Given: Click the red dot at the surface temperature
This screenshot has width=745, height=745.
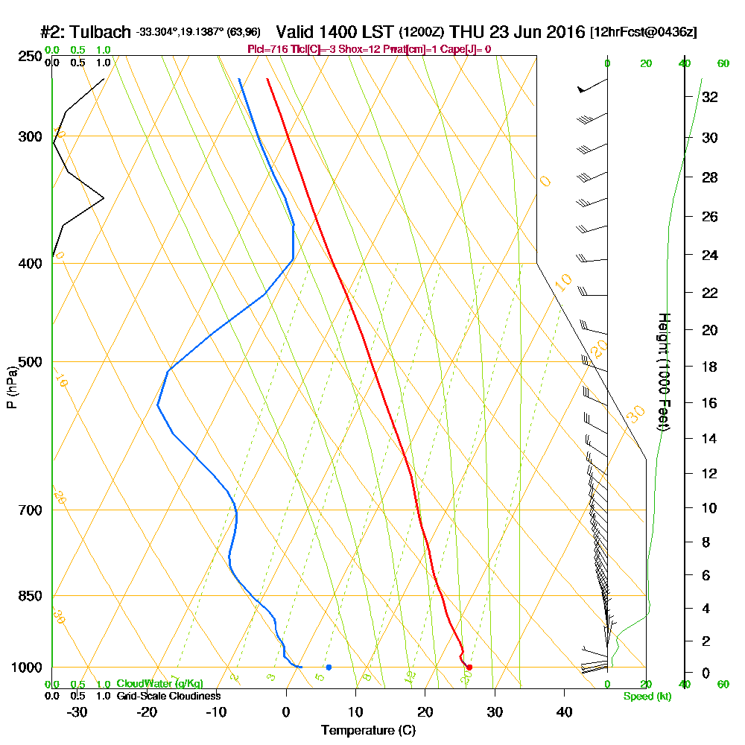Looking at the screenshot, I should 469,667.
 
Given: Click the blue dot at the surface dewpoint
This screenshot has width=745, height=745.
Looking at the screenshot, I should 329,667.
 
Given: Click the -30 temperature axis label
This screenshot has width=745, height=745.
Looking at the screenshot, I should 77,711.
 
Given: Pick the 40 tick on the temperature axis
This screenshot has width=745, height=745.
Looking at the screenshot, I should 565,711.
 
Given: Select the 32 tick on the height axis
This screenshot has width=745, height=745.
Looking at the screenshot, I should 709,96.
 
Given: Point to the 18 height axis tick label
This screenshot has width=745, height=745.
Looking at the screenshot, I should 709,367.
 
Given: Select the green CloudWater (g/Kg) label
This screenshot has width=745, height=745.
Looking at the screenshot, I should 159,684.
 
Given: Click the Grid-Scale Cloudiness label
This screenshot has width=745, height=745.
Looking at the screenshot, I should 168,696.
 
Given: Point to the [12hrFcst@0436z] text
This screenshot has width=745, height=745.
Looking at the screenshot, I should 643,33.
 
